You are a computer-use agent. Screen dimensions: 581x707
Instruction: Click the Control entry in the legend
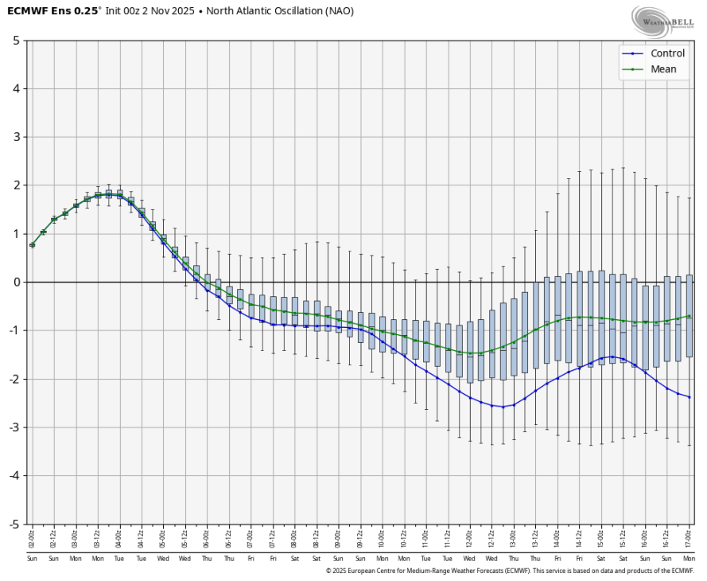(x=667, y=53)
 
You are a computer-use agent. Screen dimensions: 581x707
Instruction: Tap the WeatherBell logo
(x=660, y=19)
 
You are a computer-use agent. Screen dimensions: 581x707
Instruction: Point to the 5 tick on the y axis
(x=17, y=41)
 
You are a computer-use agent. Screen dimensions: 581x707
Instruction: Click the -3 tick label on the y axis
(x=15, y=427)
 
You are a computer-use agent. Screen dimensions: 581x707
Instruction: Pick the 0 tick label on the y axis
(x=17, y=283)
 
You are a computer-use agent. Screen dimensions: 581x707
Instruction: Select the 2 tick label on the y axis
(x=17, y=185)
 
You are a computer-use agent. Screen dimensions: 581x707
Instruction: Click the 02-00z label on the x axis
(x=32, y=538)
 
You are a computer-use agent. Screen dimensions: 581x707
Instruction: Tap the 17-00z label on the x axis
(x=689, y=538)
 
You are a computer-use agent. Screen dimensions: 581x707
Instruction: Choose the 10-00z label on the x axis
(x=383, y=538)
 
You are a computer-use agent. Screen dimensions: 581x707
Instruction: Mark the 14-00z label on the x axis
(x=557, y=538)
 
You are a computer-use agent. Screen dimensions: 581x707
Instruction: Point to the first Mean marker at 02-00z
(x=32, y=245)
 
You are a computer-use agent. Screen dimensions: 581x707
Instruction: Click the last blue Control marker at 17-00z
(x=689, y=397)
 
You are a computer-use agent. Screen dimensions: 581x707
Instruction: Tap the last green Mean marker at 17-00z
(x=689, y=316)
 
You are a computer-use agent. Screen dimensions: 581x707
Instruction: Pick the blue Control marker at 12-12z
(x=491, y=405)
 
